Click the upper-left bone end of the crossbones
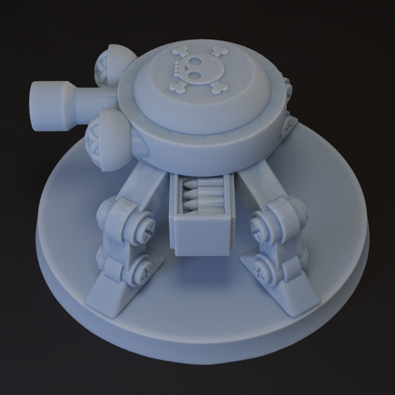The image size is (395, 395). point(179,52)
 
